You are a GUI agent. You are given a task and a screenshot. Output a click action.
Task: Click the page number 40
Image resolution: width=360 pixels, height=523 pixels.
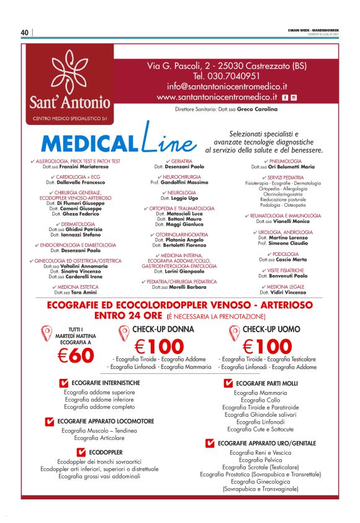point(24,33)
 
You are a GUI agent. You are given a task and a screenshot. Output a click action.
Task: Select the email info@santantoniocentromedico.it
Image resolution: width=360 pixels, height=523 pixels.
point(226,86)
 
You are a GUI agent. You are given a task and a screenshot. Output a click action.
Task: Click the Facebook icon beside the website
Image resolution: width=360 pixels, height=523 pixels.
point(284,98)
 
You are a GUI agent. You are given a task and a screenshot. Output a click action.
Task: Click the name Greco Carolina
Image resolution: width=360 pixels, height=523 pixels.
point(243,110)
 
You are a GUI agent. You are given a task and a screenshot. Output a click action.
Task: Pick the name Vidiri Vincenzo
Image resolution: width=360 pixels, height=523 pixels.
point(288,292)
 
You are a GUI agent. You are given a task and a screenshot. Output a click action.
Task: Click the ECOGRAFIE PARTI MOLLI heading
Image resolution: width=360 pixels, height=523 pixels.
point(266,383)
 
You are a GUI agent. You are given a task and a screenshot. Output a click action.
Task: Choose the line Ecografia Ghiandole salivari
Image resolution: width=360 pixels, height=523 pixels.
point(261,414)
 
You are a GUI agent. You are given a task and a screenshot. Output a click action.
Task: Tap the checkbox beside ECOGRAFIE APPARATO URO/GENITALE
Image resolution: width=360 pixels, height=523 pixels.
point(210,443)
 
